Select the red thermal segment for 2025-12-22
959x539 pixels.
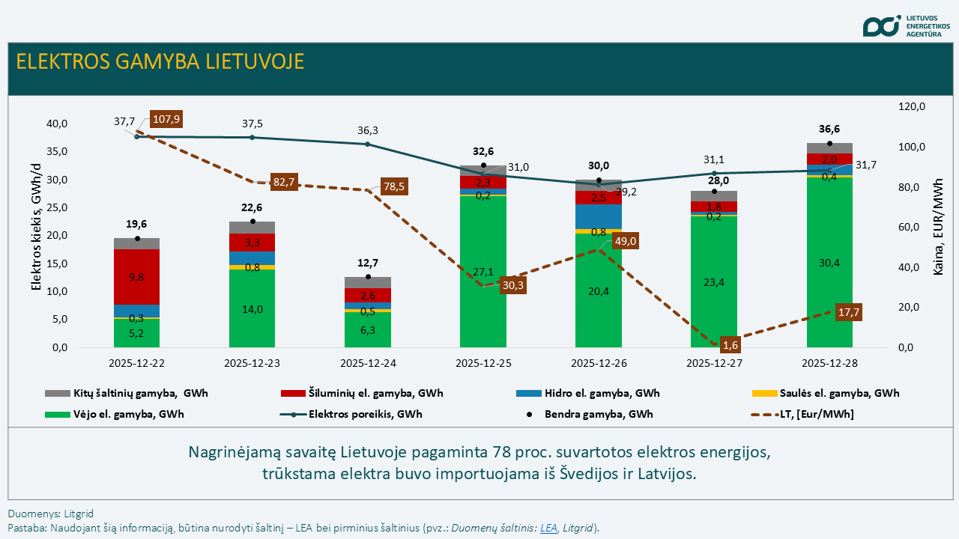[x=137, y=277]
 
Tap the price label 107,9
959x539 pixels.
[x=166, y=119]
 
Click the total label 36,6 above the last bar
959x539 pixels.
[x=829, y=129]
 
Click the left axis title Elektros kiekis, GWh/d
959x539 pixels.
[x=35, y=235]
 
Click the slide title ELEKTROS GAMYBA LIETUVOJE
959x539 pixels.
[x=160, y=61]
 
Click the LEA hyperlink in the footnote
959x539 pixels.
[x=548, y=528]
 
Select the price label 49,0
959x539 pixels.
[x=624, y=241]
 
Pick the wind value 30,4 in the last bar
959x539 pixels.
[x=829, y=262]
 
